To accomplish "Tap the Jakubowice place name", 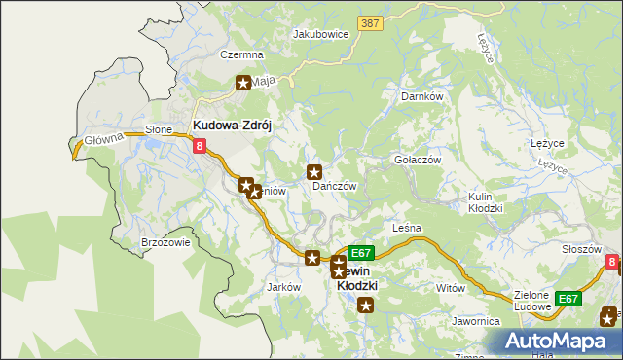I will (x=321, y=33).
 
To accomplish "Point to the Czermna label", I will (x=241, y=55).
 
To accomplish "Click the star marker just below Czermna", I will (x=242, y=84).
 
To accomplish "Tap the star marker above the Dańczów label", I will (x=315, y=172).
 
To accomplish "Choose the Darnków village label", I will (x=422, y=97).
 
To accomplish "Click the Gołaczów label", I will (x=418, y=160).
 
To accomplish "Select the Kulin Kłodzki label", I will (x=485, y=202).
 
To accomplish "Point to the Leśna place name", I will (x=406, y=228).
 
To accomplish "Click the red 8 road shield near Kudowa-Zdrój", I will (x=200, y=147).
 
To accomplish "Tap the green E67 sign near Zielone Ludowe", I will (x=568, y=299).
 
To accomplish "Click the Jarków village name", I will (x=282, y=288).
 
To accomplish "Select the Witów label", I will (x=451, y=288).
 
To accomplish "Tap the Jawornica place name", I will (x=476, y=320).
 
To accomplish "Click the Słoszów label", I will (x=581, y=249).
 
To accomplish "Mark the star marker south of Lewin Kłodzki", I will (x=366, y=306).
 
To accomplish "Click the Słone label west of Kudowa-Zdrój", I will (x=159, y=129).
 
